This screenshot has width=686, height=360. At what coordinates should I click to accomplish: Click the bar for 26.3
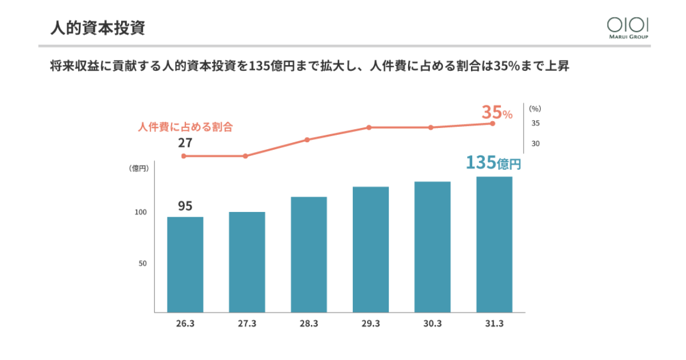click(x=185, y=265)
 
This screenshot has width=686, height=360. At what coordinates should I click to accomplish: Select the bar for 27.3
click(x=247, y=262)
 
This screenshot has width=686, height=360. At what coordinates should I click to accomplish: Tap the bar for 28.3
click(x=309, y=255)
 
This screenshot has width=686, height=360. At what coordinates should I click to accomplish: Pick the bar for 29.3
click(x=370, y=250)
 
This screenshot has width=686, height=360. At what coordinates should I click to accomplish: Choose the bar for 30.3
click(x=432, y=247)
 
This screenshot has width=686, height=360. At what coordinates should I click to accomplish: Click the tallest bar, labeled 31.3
click(x=494, y=245)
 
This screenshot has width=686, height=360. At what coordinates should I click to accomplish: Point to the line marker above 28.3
click(x=307, y=139)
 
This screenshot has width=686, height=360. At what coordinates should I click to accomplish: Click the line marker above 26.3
click(x=184, y=156)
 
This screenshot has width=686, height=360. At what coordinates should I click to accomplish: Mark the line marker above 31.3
click(x=492, y=123)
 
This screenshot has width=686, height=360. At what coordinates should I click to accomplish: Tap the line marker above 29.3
click(x=369, y=127)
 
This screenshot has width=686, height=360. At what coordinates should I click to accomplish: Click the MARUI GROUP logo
click(x=628, y=27)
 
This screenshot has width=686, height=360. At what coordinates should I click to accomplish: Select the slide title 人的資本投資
click(x=97, y=28)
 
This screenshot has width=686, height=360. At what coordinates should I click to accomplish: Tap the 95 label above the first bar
click(x=185, y=206)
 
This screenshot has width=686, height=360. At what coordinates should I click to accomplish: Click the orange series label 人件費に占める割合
click(x=186, y=127)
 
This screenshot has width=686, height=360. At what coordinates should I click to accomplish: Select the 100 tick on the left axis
click(x=141, y=213)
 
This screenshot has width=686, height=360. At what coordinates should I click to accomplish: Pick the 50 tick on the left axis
click(x=142, y=264)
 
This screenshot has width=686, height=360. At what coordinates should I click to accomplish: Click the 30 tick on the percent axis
click(x=536, y=143)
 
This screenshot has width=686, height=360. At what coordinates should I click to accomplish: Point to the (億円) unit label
click(x=139, y=168)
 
